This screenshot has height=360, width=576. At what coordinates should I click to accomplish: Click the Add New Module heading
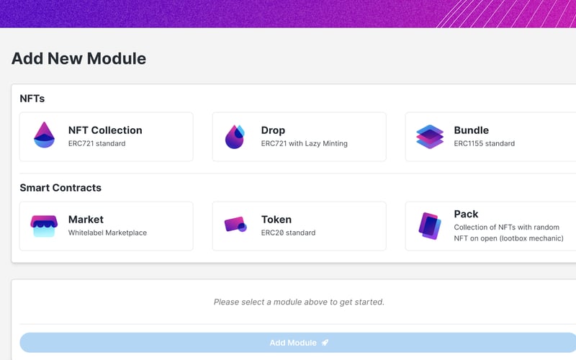78,59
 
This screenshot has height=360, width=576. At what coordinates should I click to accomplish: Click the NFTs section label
32,98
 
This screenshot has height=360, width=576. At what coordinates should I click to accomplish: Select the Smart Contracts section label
60,188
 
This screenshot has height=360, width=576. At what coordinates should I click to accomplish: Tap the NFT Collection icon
44,135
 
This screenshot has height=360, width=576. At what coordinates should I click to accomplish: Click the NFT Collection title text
105,130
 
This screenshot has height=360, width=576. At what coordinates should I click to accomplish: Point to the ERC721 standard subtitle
96,143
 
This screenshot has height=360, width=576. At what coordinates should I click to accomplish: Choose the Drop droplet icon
235,136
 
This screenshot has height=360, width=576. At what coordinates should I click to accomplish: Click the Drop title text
273,130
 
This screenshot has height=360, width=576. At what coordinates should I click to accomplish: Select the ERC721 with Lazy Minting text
304,143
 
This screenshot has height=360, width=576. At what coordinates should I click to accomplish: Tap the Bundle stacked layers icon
430,136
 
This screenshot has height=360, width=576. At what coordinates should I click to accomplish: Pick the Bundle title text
471,130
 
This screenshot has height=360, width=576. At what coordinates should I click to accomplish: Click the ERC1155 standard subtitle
484,143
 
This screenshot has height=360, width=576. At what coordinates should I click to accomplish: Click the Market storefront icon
44,225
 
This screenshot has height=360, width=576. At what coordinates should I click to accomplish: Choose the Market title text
86,220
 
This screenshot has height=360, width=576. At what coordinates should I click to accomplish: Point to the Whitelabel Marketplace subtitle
107,233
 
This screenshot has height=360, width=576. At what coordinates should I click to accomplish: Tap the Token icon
235,225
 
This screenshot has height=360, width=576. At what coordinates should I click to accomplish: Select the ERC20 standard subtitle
288,233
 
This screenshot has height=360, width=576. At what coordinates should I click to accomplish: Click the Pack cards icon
430,225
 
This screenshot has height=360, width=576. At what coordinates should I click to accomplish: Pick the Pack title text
466,214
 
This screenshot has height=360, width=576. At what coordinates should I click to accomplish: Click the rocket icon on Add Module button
325,343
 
